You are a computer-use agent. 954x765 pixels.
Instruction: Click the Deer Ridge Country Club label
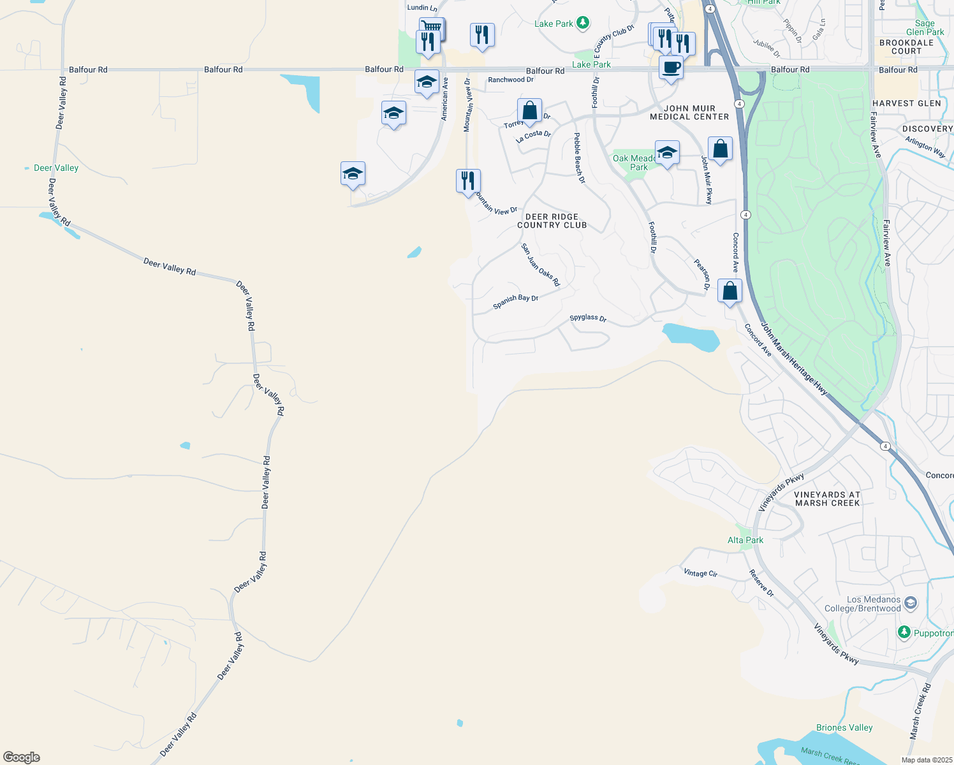tap(552, 221)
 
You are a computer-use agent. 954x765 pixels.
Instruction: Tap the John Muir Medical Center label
tap(689, 113)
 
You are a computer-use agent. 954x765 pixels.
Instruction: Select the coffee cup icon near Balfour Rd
tap(671, 68)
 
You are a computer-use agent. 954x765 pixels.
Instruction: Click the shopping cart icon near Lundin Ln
tap(432, 27)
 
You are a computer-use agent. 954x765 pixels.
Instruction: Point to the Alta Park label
tap(745, 540)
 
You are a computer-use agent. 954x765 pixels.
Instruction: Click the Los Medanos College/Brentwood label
tap(863, 604)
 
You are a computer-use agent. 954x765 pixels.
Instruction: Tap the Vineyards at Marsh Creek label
tap(828, 499)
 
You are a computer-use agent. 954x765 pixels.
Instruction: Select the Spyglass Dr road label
tap(588, 317)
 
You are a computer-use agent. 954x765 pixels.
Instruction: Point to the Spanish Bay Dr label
tap(516, 302)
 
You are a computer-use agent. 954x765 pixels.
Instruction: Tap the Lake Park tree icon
tap(582, 24)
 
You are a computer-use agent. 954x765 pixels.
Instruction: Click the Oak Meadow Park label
tap(634, 163)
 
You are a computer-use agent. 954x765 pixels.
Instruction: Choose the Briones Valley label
tap(844, 727)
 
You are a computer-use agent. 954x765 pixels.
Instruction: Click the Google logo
tap(21, 757)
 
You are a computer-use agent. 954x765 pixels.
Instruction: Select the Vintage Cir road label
tap(700, 573)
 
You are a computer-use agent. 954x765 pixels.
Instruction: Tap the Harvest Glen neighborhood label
tap(906, 103)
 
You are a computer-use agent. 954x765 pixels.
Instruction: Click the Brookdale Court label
tap(906, 47)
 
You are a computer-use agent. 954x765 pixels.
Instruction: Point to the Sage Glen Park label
tap(925, 27)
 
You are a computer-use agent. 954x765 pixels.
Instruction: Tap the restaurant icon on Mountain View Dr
tap(468, 181)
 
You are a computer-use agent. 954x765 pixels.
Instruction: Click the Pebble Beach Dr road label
tap(579, 158)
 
